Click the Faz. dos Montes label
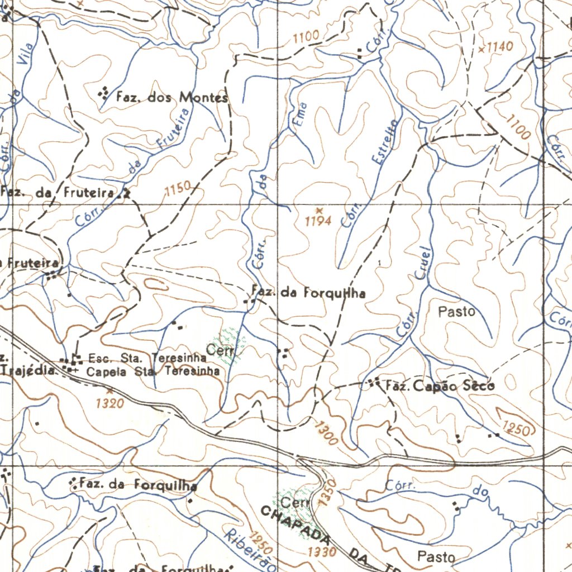(x=172, y=98)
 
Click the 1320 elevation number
(x=109, y=403)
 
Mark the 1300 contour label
(x=325, y=433)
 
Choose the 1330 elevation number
(x=322, y=552)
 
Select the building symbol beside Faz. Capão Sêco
(x=373, y=383)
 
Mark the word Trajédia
(x=29, y=369)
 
